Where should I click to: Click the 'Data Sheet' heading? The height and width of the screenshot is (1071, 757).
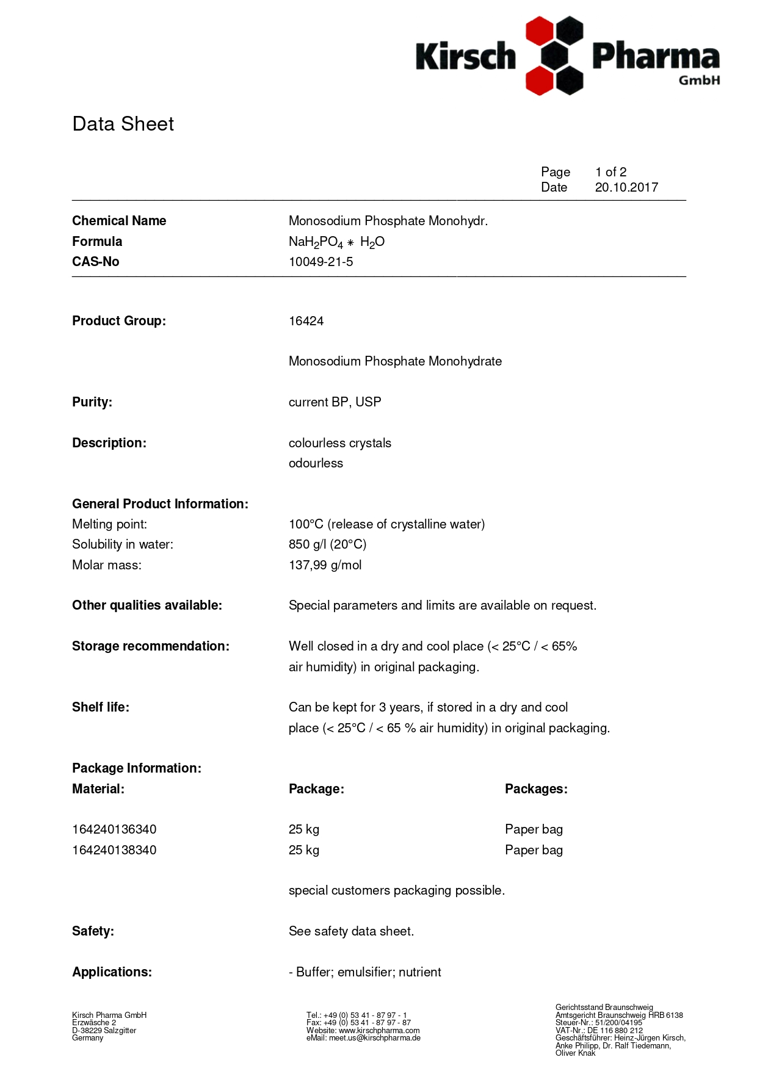pos(123,124)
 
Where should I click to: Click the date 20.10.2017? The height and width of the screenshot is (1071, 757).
pos(626,187)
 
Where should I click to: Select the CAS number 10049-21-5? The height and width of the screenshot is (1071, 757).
pos(321,262)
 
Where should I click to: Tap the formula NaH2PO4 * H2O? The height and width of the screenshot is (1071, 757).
pos(336,242)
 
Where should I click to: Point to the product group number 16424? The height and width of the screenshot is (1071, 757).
pos(306,321)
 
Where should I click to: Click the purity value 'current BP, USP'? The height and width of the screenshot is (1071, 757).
pos(335,402)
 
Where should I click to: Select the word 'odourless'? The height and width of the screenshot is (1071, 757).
pos(316,463)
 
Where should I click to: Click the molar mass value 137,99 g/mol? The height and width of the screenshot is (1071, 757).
pos(325,565)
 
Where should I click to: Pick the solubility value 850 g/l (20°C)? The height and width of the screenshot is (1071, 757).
pos(327,544)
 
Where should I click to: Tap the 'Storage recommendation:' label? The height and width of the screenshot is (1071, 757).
pos(151,646)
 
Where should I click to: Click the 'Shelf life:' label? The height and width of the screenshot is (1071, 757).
pos(101,707)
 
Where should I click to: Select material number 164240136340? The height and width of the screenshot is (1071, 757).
pos(114,829)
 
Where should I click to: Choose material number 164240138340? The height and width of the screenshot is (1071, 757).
pos(114,850)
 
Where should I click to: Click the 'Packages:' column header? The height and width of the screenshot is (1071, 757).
pos(536,789)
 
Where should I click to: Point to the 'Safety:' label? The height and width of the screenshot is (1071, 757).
pos(93,931)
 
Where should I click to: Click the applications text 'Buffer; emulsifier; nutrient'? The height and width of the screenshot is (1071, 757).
pos(368,972)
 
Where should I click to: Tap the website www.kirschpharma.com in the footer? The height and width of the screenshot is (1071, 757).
pos(379,1030)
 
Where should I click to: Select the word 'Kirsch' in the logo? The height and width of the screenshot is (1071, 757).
pos(466,57)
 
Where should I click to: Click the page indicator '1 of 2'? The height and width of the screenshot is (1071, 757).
pos(610,172)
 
